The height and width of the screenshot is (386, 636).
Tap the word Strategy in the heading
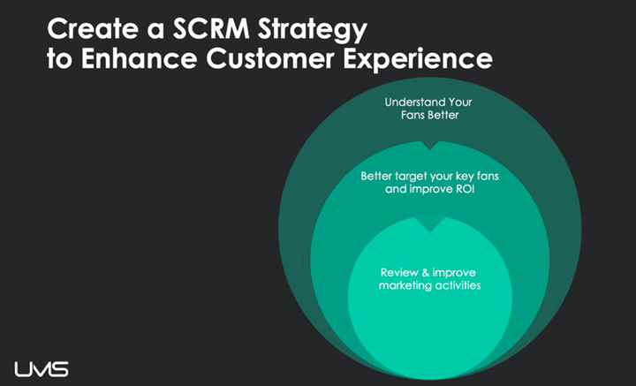313,31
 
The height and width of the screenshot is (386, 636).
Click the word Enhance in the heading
140,59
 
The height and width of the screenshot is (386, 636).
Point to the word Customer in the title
270,59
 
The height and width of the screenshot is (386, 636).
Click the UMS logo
42,369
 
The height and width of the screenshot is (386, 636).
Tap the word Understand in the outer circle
412,102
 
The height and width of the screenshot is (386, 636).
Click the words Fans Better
429,115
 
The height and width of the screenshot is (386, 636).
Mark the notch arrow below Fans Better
429,145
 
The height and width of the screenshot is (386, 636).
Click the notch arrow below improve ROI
429,224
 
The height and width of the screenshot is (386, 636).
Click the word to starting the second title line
60,59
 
